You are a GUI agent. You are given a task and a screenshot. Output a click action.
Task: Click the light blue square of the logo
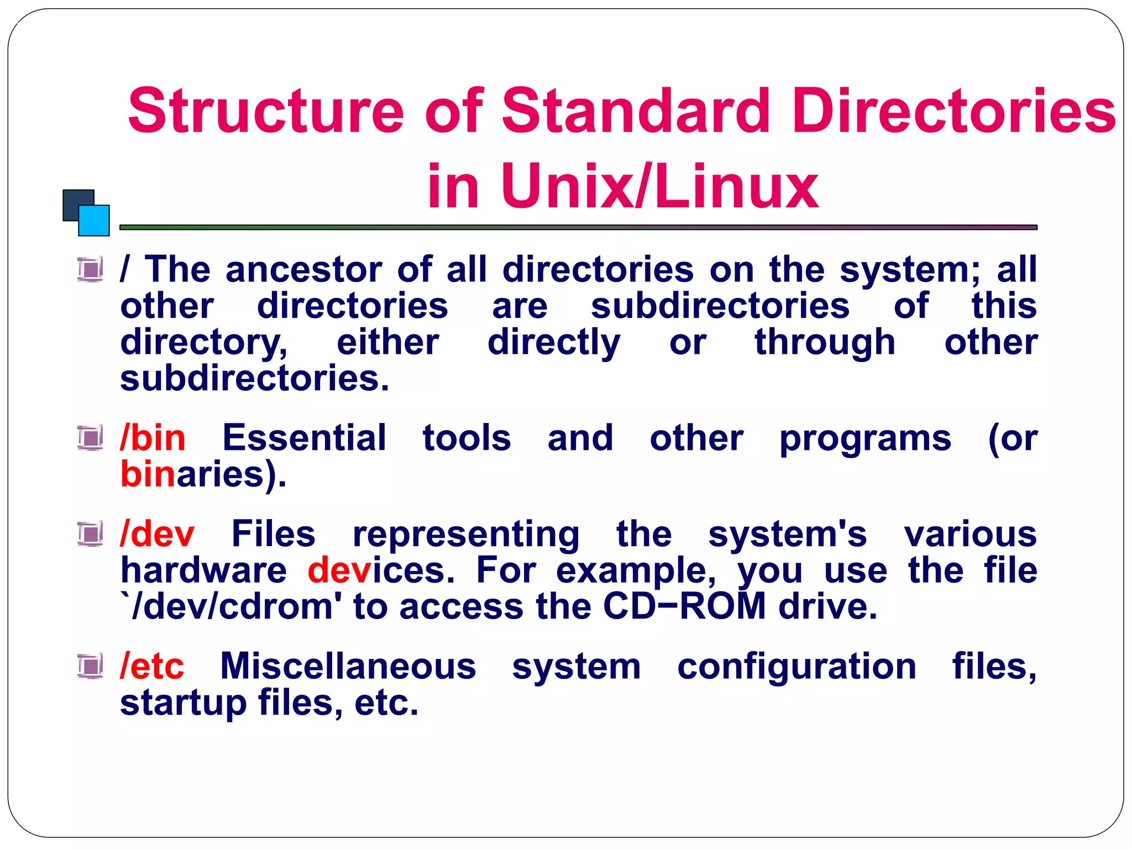[95, 221]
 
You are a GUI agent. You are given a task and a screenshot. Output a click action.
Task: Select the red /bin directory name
[153, 438]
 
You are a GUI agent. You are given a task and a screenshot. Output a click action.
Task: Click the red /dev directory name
[157, 534]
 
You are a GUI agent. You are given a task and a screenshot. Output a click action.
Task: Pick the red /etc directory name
[152, 666]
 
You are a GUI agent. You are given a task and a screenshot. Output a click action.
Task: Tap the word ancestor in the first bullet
[303, 270]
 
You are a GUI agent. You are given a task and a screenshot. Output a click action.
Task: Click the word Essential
[304, 438]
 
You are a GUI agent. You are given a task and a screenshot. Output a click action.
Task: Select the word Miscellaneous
[348, 666]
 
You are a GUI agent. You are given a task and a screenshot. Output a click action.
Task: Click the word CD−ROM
[684, 606]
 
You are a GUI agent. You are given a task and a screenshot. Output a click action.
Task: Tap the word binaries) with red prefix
[203, 475]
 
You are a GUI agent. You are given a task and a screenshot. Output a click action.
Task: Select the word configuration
[796, 666]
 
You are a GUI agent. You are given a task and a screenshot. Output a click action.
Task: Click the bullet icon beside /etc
[90, 666]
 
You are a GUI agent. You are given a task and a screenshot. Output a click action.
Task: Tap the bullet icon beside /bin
[90, 438]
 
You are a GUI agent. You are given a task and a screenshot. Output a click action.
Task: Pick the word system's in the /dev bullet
[787, 534]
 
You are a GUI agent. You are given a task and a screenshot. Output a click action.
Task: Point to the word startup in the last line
[183, 703]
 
